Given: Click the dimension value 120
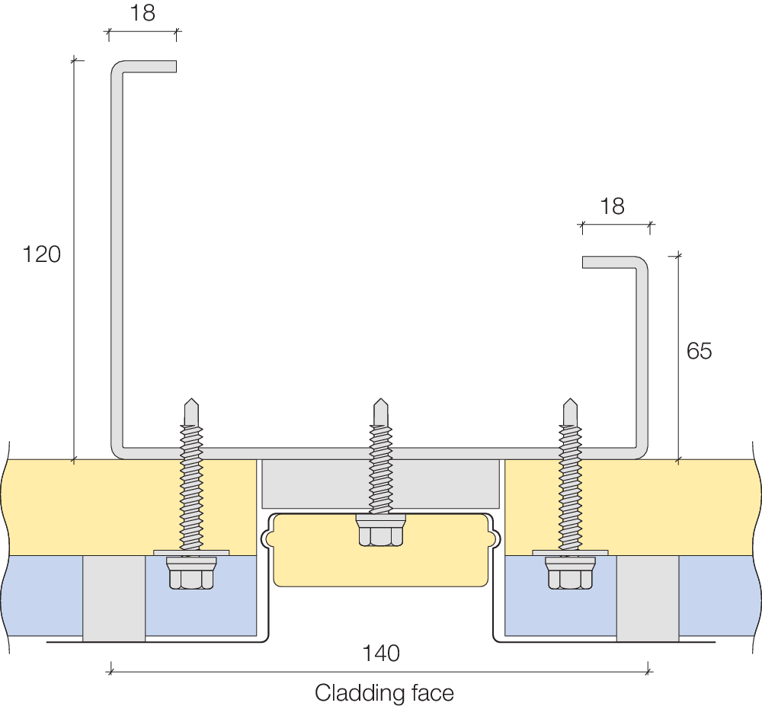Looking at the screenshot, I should click(41, 254).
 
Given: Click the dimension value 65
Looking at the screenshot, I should click(699, 351).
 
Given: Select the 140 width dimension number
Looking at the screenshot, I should click(381, 653).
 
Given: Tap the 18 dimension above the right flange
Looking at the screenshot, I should click(612, 206).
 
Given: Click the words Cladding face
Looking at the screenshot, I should click(384, 693).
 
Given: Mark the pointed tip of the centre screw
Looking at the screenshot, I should click(379, 403).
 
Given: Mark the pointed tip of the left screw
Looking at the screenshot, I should click(190, 403).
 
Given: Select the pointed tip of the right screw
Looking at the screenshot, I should click(569, 403).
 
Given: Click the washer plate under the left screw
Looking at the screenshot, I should click(190, 551).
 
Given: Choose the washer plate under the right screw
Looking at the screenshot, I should click(569, 551).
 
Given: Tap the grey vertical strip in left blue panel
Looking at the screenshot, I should click(114, 598).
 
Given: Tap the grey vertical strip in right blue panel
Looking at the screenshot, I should click(647, 598).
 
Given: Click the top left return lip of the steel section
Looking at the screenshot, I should click(149, 66).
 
